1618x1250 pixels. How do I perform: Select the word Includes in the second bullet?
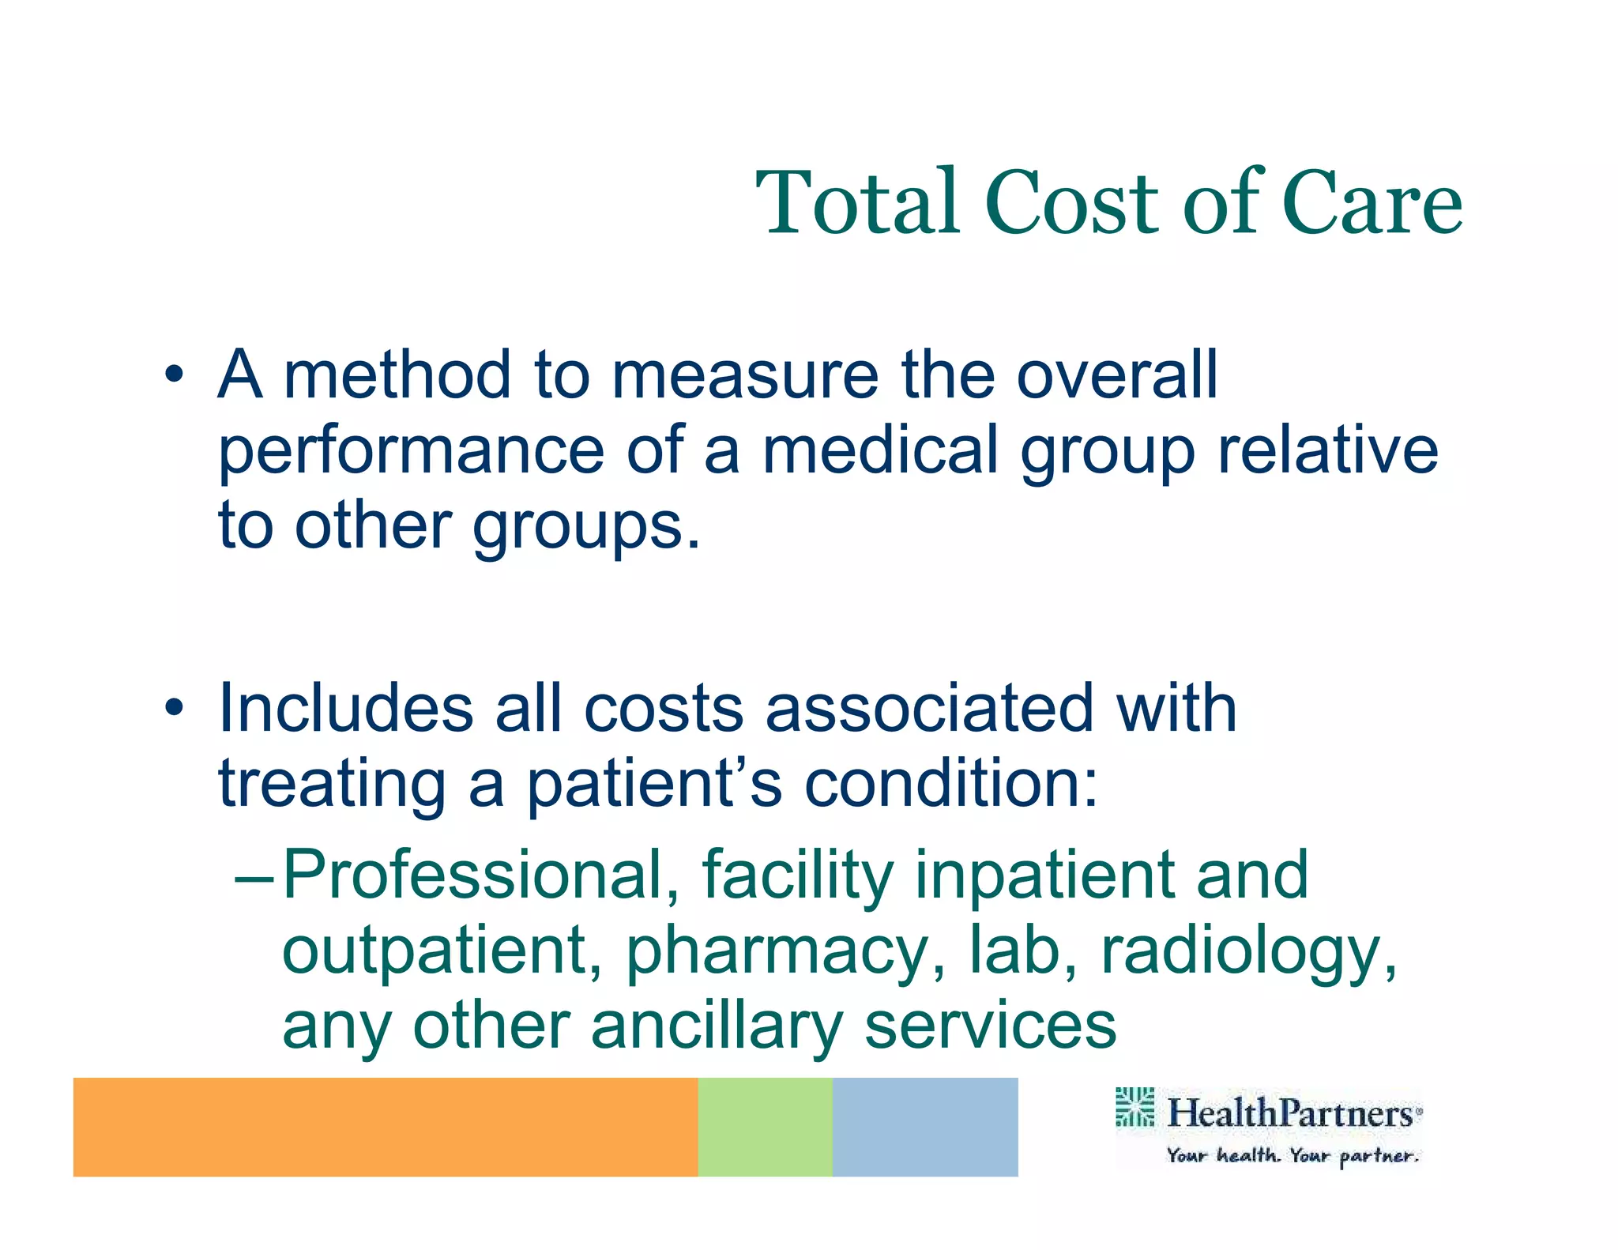(x=345, y=708)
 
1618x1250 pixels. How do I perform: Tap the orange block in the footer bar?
(x=386, y=1127)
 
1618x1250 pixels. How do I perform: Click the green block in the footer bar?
(x=765, y=1127)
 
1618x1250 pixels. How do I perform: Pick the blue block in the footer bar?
(x=925, y=1127)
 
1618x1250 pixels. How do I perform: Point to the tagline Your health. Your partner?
(x=1293, y=1156)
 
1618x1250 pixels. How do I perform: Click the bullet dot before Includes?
(x=174, y=708)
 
